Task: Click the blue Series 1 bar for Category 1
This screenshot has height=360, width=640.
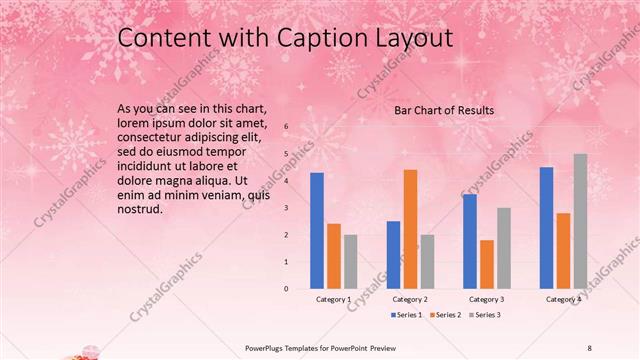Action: (x=317, y=231)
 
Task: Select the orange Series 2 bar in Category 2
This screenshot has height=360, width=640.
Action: (x=410, y=229)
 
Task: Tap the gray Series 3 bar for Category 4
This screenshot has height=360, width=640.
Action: (x=580, y=221)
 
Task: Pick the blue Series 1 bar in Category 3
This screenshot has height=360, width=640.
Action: (x=470, y=241)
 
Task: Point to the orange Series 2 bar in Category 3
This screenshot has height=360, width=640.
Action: (x=487, y=264)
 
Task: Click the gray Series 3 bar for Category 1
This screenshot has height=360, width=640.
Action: (x=350, y=261)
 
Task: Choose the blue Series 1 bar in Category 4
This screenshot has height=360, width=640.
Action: (x=546, y=228)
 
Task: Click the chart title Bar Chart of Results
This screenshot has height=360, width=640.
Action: (x=444, y=110)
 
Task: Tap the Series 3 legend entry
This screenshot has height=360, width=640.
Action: (x=485, y=315)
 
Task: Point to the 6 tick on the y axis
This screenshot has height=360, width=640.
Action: (x=286, y=127)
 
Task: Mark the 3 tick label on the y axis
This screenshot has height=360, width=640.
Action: (x=286, y=208)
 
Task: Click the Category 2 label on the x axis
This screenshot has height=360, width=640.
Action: (x=410, y=300)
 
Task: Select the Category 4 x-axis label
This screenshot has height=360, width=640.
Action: (x=563, y=300)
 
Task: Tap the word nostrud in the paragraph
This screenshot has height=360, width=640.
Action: (x=140, y=210)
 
